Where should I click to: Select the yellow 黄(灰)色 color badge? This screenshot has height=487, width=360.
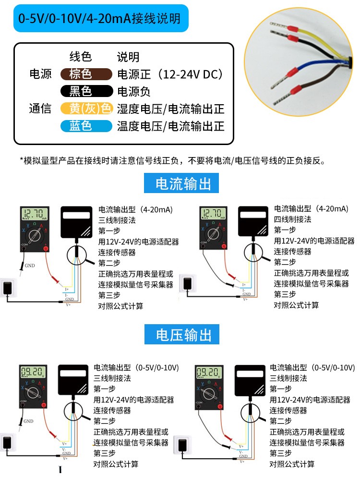[x=86, y=109]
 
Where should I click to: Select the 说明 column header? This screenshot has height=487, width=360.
[x=128, y=57]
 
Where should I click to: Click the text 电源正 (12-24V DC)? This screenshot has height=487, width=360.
[x=170, y=74]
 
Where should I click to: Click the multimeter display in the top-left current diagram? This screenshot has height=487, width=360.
[x=35, y=214]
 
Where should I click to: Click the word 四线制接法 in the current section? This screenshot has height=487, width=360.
[x=292, y=219]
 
